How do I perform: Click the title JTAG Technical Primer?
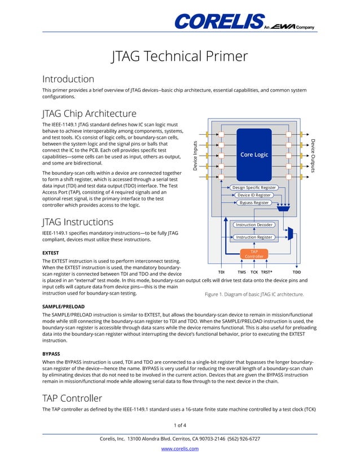point(179,56)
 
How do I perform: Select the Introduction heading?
point(68,79)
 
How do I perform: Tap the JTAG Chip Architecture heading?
point(90,113)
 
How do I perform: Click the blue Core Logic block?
point(254,154)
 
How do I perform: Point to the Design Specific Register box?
point(253,187)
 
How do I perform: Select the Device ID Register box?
point(253,195)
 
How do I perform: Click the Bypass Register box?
point(253,203)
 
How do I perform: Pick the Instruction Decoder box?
point(253,225)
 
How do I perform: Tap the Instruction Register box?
point(253,238)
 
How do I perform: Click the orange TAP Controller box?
point(253,254)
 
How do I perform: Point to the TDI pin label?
point(222,272)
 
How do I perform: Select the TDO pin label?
point(296,272)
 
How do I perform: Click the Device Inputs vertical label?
point(196,156)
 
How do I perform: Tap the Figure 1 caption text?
point(254,294)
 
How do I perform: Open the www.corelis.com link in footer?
point(179,449)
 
